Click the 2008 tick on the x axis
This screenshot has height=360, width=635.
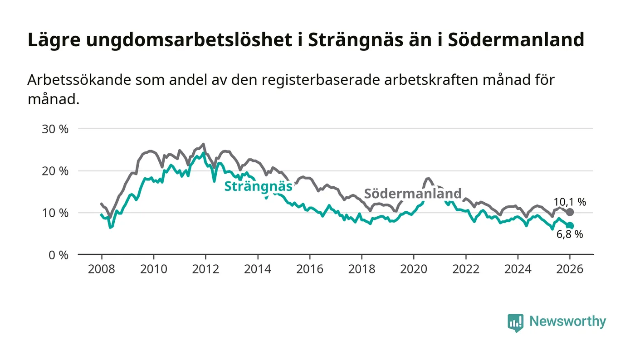(x=101, y=269)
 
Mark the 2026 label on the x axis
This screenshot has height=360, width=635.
(x=570, y=269)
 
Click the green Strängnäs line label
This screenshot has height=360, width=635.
(x=258, y=186)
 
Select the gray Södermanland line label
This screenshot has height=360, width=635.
(x=413, y=194)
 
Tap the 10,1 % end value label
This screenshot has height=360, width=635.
(x=570, y=202)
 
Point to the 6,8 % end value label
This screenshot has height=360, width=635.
(x=570, y=234)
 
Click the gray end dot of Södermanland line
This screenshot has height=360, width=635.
(x=570, y=212)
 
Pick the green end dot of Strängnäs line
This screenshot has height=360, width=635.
(x=570, y=226)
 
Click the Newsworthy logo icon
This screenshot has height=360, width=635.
(x=515, y=322)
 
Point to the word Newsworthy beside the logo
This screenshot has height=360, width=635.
(x=567, y=321)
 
